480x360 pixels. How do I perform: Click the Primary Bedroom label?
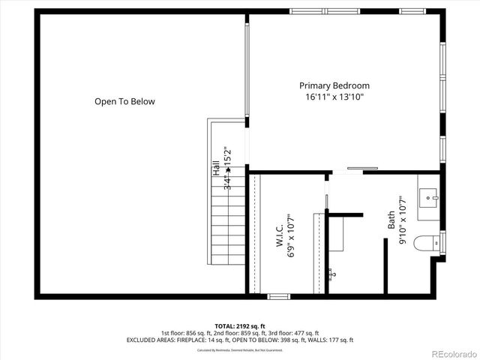tap(334, 85)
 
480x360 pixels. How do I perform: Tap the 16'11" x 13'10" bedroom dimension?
tap(334, 97)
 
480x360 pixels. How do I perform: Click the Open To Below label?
tap(124, 101)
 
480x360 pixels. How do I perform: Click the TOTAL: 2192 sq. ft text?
tap(239, 326)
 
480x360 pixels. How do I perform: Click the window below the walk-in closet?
tap(279, 297)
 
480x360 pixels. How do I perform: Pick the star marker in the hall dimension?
tap(228, 171)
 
